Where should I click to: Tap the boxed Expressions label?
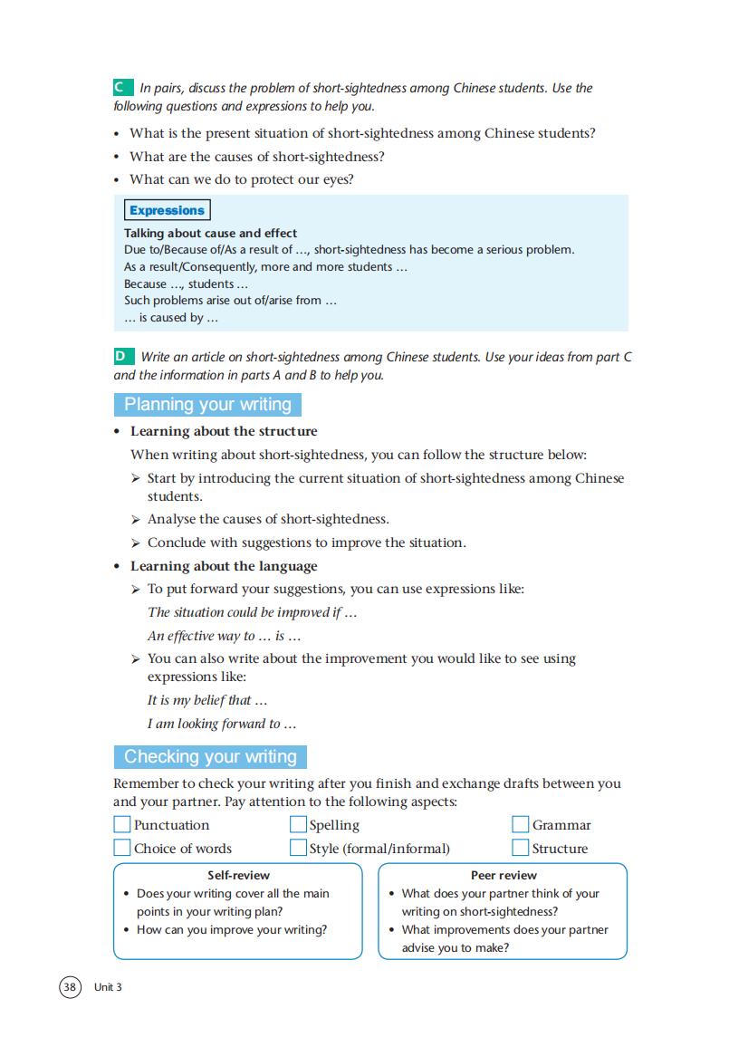pyautogui.click(x=167, y=210)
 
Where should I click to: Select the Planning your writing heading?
pyautogui.click(x=207, y=405)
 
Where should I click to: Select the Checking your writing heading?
pyautogui.click(x=210, y=756)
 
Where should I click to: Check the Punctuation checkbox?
pyautogui.click(x=122, y=824)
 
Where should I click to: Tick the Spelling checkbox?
pyautogui.click(x=298, y=824)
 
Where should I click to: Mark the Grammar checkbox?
pyautogui.click(x=520, y=824)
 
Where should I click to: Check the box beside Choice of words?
pyautogui.click(x=122, y=848)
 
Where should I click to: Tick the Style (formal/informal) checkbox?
pyautogui.click(x=298, y=848)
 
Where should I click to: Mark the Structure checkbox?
pyautogui.click(x=520, y=848)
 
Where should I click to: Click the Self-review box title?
pyautogui.click(x=238, y=875)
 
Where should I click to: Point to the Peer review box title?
pyautogui.click(x=504, y=875)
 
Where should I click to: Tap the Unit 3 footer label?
pyautogui.click(x=108, y=986)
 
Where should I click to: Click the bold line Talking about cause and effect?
pyautogui.click(x=210, y=233)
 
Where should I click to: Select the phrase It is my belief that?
pyautogui.click(x=206, y=700)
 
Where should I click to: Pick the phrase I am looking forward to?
pyautogui.click(x=222, y=724)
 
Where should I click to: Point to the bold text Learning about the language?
pyautogui.click(x=224, y=566)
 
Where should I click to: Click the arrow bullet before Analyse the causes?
pyautogui.click(x=136, y=520)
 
